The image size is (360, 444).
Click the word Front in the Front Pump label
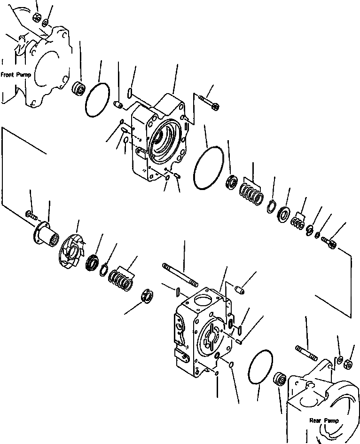click(x=9, y=74)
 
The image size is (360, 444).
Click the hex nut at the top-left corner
click(x=36, y=18)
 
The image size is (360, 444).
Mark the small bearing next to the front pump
click(x=78, y=88)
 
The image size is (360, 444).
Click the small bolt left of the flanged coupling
click(x=31, y=215)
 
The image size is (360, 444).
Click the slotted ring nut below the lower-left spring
click(x=148, y=298)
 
